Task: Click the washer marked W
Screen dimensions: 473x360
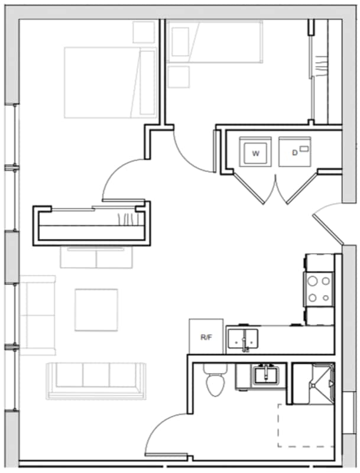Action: pos(255,153)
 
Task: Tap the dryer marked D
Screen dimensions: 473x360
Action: pos(294,153)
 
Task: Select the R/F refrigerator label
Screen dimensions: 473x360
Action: pos(206,337)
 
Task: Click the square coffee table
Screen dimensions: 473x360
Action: pos(96,310)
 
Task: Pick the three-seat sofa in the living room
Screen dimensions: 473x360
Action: pos(96,378)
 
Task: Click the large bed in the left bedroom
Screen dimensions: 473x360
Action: pos(109,83)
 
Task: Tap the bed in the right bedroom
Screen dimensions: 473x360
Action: pos(214,41)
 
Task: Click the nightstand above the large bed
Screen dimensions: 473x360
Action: pos(143,32)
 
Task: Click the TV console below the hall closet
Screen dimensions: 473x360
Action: pos(96,257)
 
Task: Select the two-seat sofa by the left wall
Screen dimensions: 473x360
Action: pos(38,315)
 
